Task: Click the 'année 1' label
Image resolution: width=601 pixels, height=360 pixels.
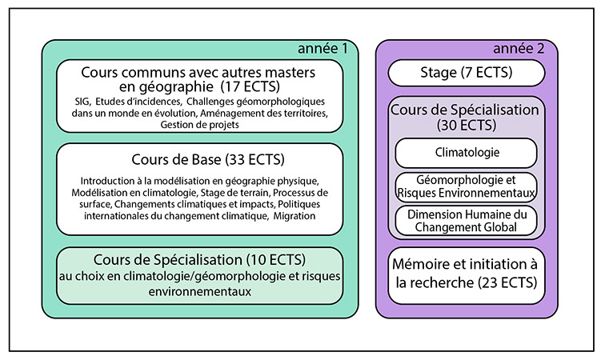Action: (x=323, y=49)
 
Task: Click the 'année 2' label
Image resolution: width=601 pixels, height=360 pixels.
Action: (x=519, y=49)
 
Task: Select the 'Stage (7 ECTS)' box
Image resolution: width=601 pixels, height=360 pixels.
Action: (x=467, y=73)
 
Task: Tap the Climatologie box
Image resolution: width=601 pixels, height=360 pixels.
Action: (x=466, y=153)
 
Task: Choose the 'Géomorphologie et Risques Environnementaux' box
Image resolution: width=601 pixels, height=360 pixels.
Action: (x=466, y=186)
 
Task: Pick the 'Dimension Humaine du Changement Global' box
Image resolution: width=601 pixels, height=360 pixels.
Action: (x=466, y=221)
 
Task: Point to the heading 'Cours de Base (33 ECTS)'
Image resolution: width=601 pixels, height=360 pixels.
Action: (x=208, y=160)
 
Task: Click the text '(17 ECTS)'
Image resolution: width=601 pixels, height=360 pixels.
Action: (x=250, y=87)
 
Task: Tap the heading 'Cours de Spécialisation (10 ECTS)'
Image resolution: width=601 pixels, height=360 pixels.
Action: (x=200, y=260)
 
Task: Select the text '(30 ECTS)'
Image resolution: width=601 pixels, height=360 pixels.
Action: (x=467, y=126)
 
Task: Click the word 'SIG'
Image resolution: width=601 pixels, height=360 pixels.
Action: (x=82, y=102)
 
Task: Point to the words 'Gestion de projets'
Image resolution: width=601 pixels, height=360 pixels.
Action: (x=200, y=125)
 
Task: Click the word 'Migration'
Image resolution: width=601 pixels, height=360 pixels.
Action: (x=294, y=216)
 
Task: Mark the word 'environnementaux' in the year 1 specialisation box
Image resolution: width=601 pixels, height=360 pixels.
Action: (x=200, y=292)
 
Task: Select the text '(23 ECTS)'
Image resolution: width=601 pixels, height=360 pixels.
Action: (x=508, y=283)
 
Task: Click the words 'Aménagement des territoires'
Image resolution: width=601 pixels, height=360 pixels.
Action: (x=264, y=114)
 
